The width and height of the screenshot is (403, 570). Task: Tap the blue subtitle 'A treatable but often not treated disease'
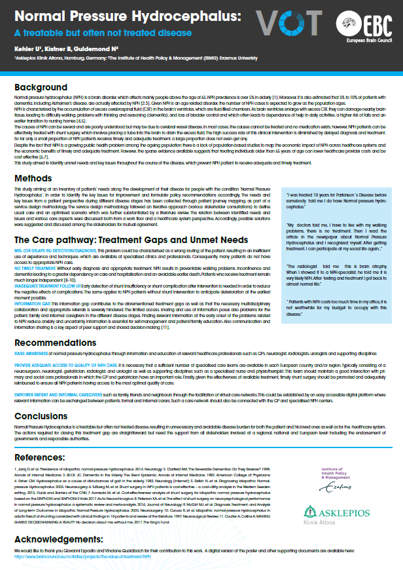click(x=103, y=33)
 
